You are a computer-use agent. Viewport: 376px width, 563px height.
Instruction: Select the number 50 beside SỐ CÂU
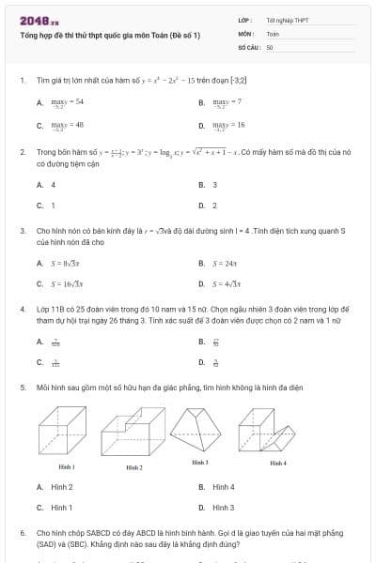point(270,45)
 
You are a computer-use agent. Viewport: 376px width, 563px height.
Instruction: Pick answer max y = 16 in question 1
point(229,124)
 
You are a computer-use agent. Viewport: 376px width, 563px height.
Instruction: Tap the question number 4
point(22,308)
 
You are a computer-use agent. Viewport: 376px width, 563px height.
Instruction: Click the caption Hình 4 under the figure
point(278,463)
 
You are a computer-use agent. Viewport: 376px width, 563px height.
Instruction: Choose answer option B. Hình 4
point(223,487)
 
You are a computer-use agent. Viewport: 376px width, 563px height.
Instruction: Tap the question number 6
point(22,532)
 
